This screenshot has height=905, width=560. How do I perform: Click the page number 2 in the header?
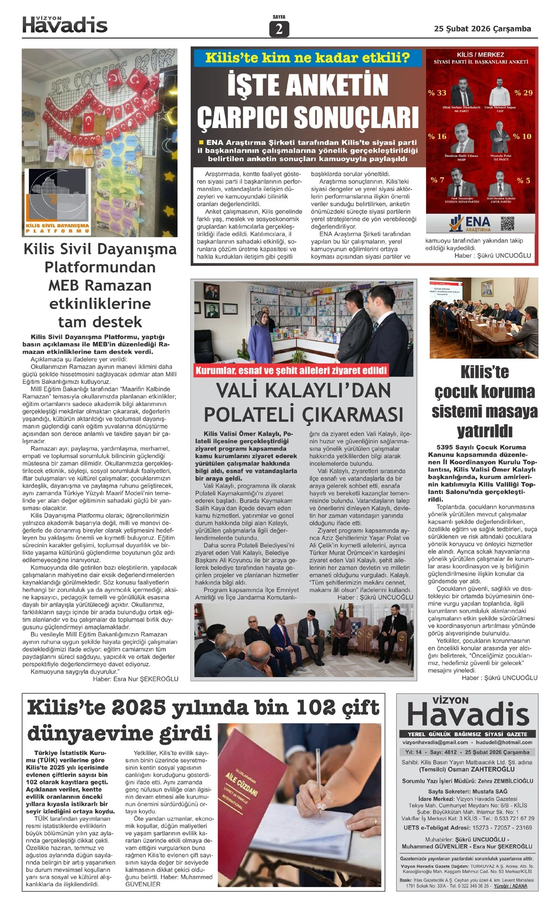tap(279, 29)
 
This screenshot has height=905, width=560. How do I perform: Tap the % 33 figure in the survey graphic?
tap(437, 93)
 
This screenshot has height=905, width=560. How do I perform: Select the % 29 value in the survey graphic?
tap(523, 93)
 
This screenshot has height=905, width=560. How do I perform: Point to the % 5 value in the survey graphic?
tap(523, 181)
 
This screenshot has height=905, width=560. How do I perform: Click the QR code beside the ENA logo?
tap(507, 224)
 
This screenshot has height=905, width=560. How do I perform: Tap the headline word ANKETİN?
tap(308, 86)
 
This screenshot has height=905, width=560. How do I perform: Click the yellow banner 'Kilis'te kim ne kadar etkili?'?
tap(307, 58)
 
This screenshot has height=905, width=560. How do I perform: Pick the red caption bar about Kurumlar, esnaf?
tap(291, 371)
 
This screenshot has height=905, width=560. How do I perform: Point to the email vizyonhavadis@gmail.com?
tap(435, 742)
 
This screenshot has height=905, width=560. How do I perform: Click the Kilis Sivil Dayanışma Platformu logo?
tap(58, 202)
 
